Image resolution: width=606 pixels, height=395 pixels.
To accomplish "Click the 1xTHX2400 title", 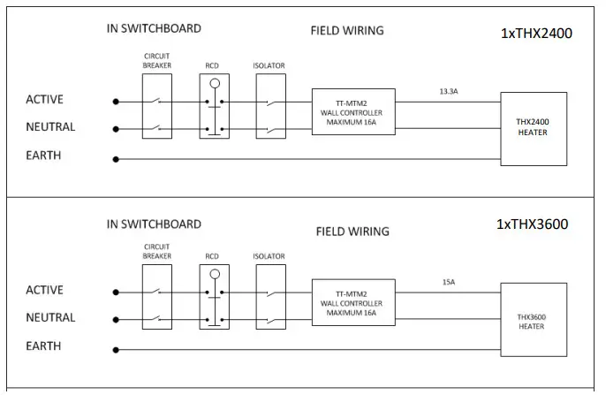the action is (x=536, y=34).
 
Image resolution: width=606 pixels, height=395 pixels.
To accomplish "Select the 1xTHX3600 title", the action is (x=532, y=224).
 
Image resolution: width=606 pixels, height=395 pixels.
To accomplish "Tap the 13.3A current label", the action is (x=449, y=92).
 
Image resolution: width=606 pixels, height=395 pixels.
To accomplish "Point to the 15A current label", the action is (x=449, y=282).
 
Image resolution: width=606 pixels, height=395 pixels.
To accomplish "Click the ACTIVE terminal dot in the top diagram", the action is (x=116, y=102).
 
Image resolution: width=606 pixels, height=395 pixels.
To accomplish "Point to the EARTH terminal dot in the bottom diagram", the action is (x=116, y=350).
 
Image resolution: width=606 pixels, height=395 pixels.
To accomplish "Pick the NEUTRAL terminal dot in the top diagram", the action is (x=116, y=129).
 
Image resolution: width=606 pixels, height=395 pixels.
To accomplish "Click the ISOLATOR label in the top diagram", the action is (x=269, y=65).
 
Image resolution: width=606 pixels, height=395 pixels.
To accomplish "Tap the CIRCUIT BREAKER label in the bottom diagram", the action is (x=157, y=251).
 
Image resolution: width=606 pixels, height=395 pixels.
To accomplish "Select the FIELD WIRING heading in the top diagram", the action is (x=347, y=31).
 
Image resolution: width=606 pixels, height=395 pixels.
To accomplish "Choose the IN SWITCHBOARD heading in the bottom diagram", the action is (x=154, y=224).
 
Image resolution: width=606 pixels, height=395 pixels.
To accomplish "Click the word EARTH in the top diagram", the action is (x=43, y=156).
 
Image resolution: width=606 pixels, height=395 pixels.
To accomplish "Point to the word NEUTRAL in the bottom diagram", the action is (x=50, y=317).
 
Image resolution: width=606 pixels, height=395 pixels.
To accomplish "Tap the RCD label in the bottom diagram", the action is (x=212, y=256).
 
